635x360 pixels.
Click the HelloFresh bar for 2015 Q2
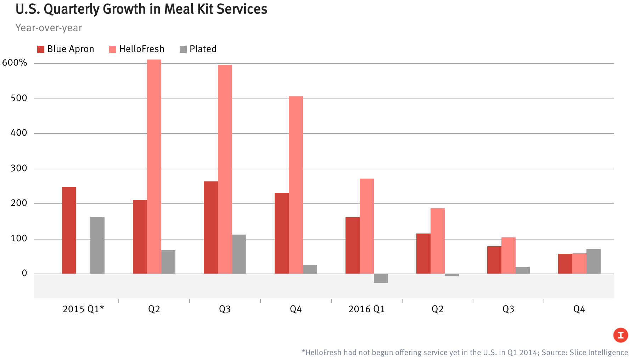[154, 167]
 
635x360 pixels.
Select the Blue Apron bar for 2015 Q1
[69, 230]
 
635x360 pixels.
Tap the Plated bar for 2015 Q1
[97, 245]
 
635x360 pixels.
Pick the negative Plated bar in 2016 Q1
[381, 279]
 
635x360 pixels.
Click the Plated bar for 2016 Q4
[594, 261]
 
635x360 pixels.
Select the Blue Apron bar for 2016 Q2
[423, 254]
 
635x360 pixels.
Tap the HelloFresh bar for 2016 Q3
[508, 255]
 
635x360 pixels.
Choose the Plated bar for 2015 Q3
[239, 254]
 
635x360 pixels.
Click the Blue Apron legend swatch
[41, 49]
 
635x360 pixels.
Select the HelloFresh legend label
[142, 49]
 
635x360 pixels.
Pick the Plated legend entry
[198, 49]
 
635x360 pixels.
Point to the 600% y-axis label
[15, 63]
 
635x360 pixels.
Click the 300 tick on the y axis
[19, 168]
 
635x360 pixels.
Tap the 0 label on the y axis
[24, 273]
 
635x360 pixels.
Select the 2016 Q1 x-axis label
[366, 309]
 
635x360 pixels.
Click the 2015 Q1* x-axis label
[83, 309]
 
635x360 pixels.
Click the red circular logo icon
[620, 335]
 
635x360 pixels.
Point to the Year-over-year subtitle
[49, 28]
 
